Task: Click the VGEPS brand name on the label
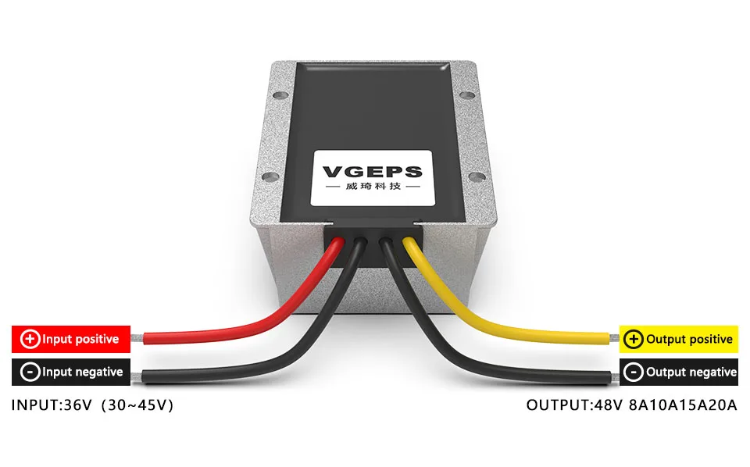tap(372, 172)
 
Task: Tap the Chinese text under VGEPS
tap(372, 188)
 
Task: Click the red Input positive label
tap(70, 339)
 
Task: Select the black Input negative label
tap(70, 372)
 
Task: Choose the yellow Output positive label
tap(678, 339)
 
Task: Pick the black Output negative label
tap(678, 372)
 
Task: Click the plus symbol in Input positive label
tap(30, 339)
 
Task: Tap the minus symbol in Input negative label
tap(30, 372)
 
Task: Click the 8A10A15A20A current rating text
tap(683, 405)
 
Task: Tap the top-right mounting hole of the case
tap(469, 97)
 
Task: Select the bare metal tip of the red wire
tap(137, 339)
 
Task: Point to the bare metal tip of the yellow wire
tap(612, 339)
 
